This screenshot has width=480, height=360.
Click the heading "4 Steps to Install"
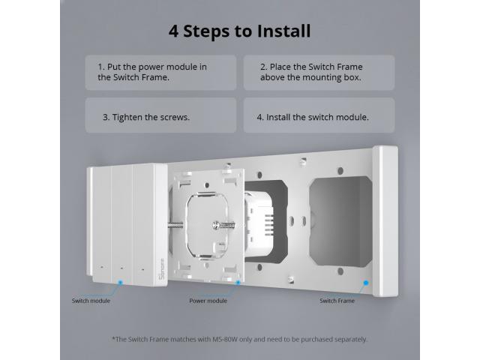pyautogui.click(x=240, y=31)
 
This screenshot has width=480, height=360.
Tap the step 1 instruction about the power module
pyautogui.click(x=152, y=72)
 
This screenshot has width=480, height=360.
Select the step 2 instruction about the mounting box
pyautogui.click(x=311, y=72)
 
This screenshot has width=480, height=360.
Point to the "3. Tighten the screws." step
pyautogui.click(x=146, y=117)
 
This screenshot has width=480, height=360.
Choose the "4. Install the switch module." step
pyautogui.click(x=313, y=117)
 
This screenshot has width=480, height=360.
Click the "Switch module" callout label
pyautogui.click(x=91, y=301)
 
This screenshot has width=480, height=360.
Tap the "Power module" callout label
pyautogui.click(x=208, y=301)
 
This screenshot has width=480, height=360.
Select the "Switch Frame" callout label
pyautogui.click(x=337, y=301)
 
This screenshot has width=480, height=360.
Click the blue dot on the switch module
pyautogui.click(x=120, y=282)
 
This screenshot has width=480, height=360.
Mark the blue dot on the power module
pyautogui.click(x=238, y=282)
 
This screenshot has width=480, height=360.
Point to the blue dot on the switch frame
pyautogui.click(x=366, y=283)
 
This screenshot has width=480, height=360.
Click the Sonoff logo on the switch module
pyautogui.click(x=162, y=269)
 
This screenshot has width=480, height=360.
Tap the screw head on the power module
pyautogui.click(x=217, y=225)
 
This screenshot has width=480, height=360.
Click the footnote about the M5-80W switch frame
pyautogui.click(x=240, y=339)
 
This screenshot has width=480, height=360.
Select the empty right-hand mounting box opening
pyautogui.click(x=340, y=221)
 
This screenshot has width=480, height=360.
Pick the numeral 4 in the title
pyautogui.click(x=173, y=31)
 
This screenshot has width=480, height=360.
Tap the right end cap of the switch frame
pyautogui.click(x=385, y=221)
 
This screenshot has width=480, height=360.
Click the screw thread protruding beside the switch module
pyautogui.click(x=175, y=226)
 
